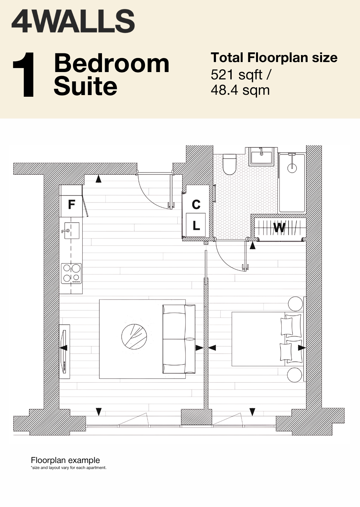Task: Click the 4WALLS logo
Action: tap(73, 22)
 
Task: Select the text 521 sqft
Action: tap(237, 74)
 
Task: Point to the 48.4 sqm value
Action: tap(240, 90)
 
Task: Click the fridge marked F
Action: tap(71, 201)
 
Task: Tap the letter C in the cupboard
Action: tap(196, 204)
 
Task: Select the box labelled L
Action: tap(196, 225)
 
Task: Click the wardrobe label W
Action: tap(279, 228)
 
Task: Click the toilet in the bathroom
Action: tap(230, 164)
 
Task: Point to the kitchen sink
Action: tap(72, 230)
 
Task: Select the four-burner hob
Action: tap(71, 274)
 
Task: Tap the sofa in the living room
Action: tap(179, 339)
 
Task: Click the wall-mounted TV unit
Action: tap(64, 352)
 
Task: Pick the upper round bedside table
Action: tap(295, 304)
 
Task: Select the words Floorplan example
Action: tap(65, 460)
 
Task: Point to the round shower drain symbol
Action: tap(292, 168)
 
